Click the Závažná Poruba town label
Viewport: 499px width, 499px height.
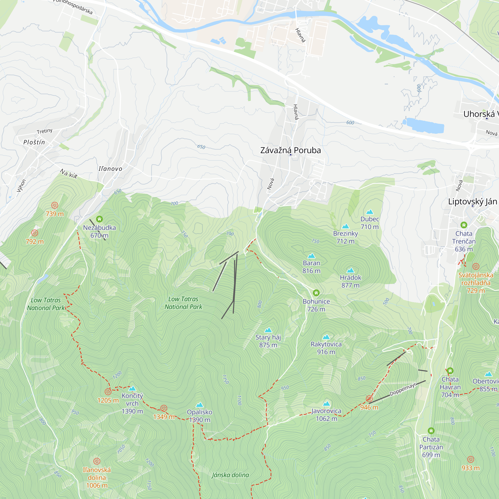tap(290, 150)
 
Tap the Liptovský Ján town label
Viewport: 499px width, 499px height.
tap(472, 201)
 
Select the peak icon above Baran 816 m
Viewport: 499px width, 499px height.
tap(311, 256)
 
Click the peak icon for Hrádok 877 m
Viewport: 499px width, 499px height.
tap(351, 270)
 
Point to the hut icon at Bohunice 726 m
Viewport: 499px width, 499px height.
tap(316, 293)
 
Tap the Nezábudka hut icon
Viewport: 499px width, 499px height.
tap(100, 219)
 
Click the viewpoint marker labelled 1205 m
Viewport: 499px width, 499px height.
tap(108, 391)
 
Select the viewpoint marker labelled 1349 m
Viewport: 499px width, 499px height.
tap(164, 408)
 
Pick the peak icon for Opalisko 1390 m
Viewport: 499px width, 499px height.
tap(200, 405)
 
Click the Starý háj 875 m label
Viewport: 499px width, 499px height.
tap(268, 341)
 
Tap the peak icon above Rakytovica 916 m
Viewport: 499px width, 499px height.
tap(326, 337)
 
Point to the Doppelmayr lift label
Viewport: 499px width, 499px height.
tap(403, 389)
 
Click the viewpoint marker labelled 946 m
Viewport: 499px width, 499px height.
tap(369, 398)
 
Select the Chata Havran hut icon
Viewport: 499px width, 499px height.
tap(450, 371)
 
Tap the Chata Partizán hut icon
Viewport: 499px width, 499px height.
tap(431, 431)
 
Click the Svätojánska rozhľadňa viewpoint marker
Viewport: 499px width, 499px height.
tap(476, 266)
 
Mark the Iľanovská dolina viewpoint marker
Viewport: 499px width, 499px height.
tap(97, 461)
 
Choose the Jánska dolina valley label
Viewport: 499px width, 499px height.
tap(230, 475)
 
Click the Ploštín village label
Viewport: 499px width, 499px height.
tap(34, 142)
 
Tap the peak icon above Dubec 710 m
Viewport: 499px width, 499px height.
tap(370, 212)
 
